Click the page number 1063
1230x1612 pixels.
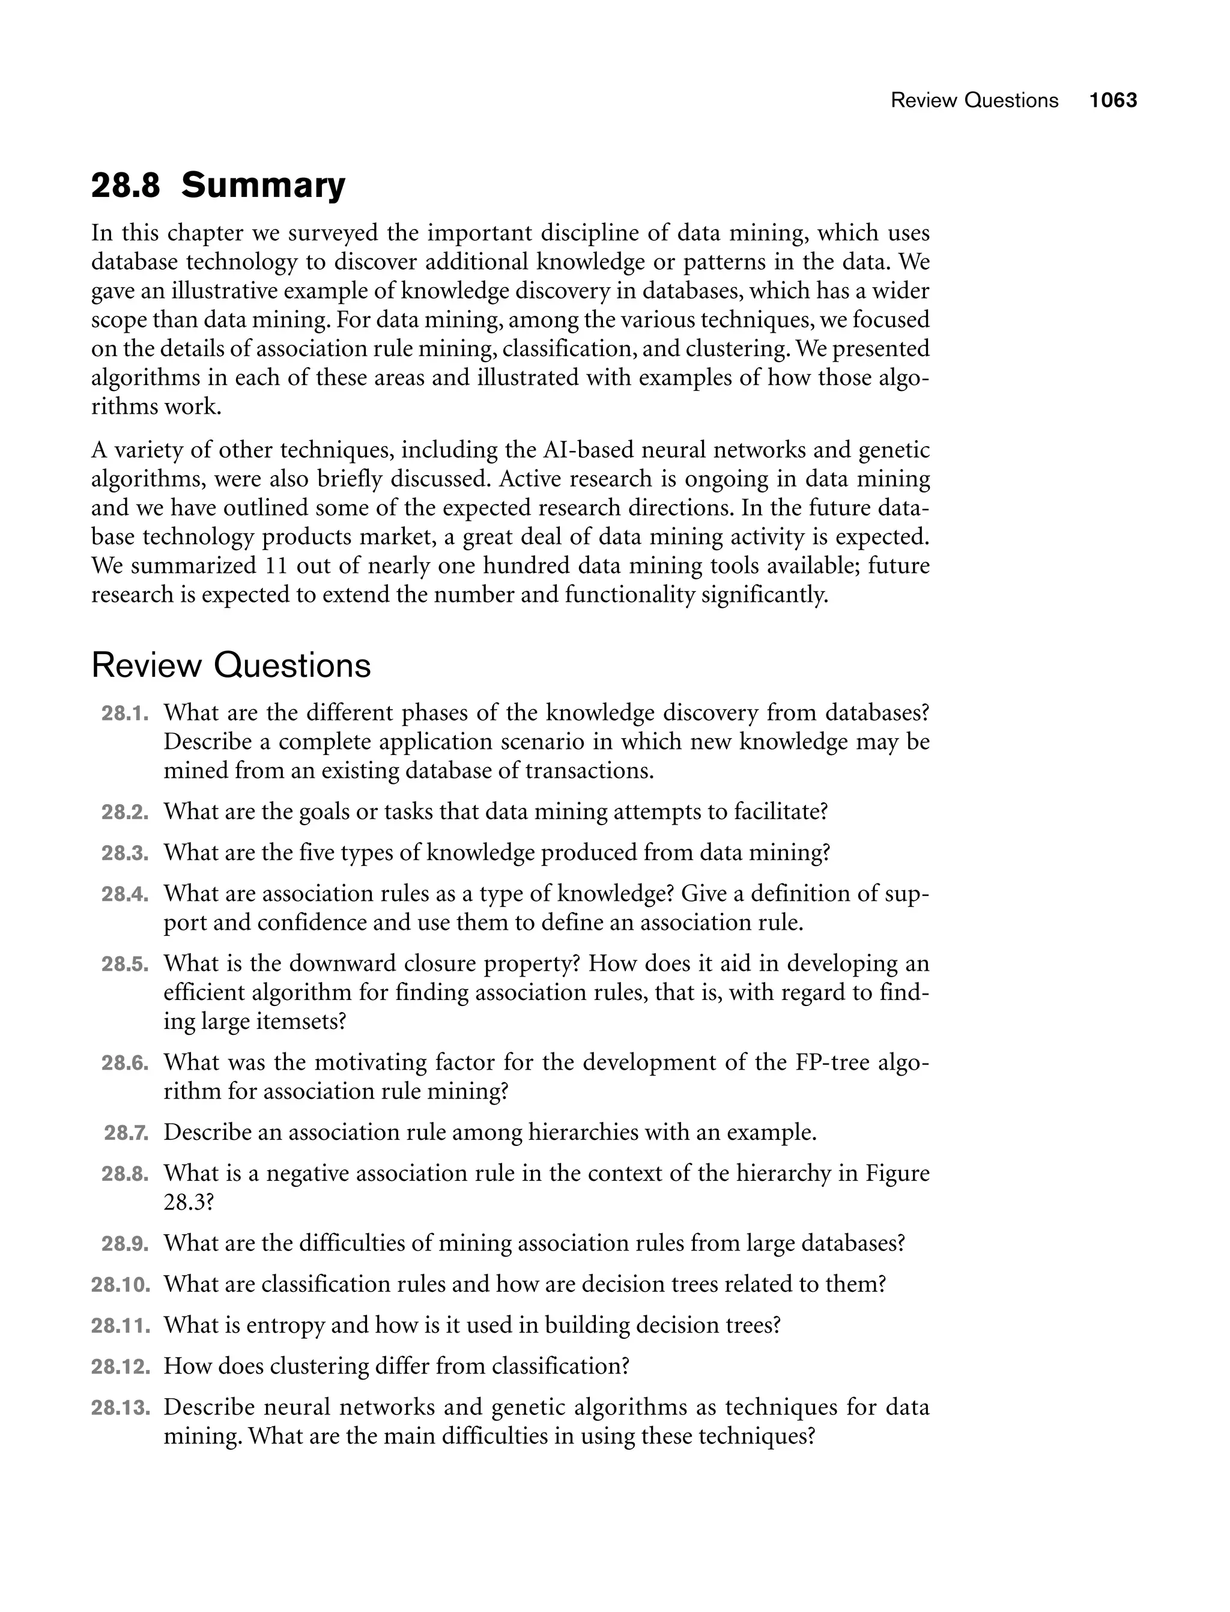(1113, 100)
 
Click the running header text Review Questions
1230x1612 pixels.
(974, 100)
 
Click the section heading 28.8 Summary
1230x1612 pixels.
(217, 185)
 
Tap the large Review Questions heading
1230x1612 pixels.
(231, 665)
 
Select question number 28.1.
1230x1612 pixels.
(125, 713)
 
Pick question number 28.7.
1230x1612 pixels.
(127, 1133)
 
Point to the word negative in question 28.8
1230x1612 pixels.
(304, 1174)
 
